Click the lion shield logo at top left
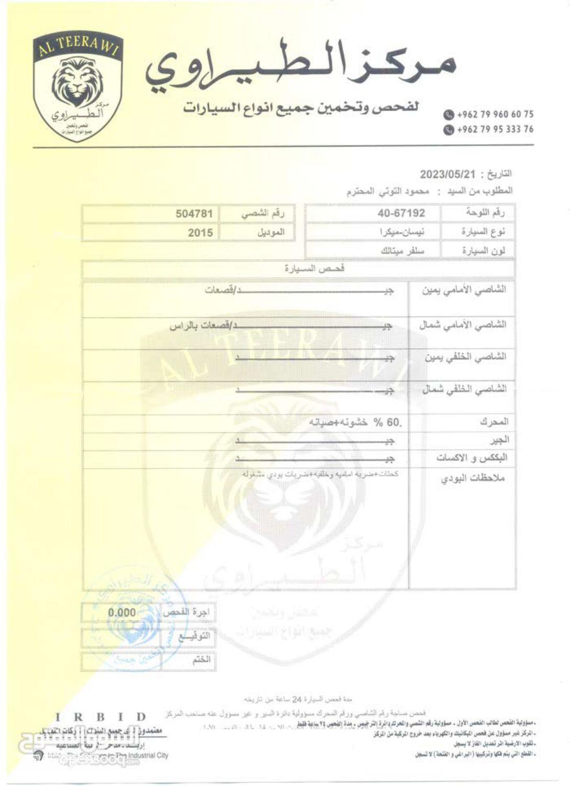pyautogui.click(x=79, y=86)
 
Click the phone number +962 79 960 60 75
pyautogui.click(x=494, y=114)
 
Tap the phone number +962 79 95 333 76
pyautogui.click(x=494, y=129)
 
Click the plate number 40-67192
pyautogui.click(x=401, y=213)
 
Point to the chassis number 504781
pyautogui.click(x=194, y=214)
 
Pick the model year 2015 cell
pyautogui.click(x=200, y=233)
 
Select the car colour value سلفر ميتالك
pyautogui.click(x=403, y=250)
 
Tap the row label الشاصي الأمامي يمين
pyautogui.click(x=464, y=289)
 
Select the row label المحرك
pyautogui.click(x=493, y=422)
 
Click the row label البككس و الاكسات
pyautogui.click(x=471, y=457)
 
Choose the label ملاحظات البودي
pyautogui.click(x=473, y=478)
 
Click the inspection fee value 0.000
pyautogui.click(x=121, y=613)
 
